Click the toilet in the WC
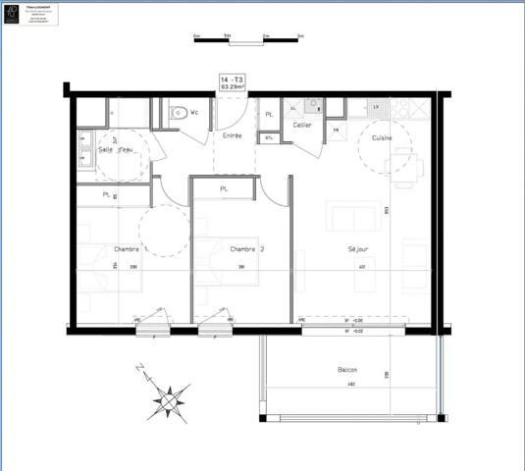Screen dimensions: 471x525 click(x=180, y=113)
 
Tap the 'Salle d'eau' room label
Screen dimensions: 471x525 click(x=116, y=149)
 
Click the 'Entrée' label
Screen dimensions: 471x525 click(x=233, y=135)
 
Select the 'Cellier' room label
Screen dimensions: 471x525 click(x=302, y=126)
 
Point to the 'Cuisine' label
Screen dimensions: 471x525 click(x=381, y=138)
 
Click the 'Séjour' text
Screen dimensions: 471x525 click(x=358, y=249)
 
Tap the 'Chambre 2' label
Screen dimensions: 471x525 click(x=247, y=249)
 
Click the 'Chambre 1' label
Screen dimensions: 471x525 click(x=131, y=249)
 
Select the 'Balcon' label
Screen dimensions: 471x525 click(x=347, y=370)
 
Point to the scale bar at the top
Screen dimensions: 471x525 click(x=248, y=39)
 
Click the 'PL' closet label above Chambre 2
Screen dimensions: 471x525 click(x=224, y=188)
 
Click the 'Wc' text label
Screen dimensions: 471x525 click(x=195, y=112)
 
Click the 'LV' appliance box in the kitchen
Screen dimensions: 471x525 click(x=377, y=105)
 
